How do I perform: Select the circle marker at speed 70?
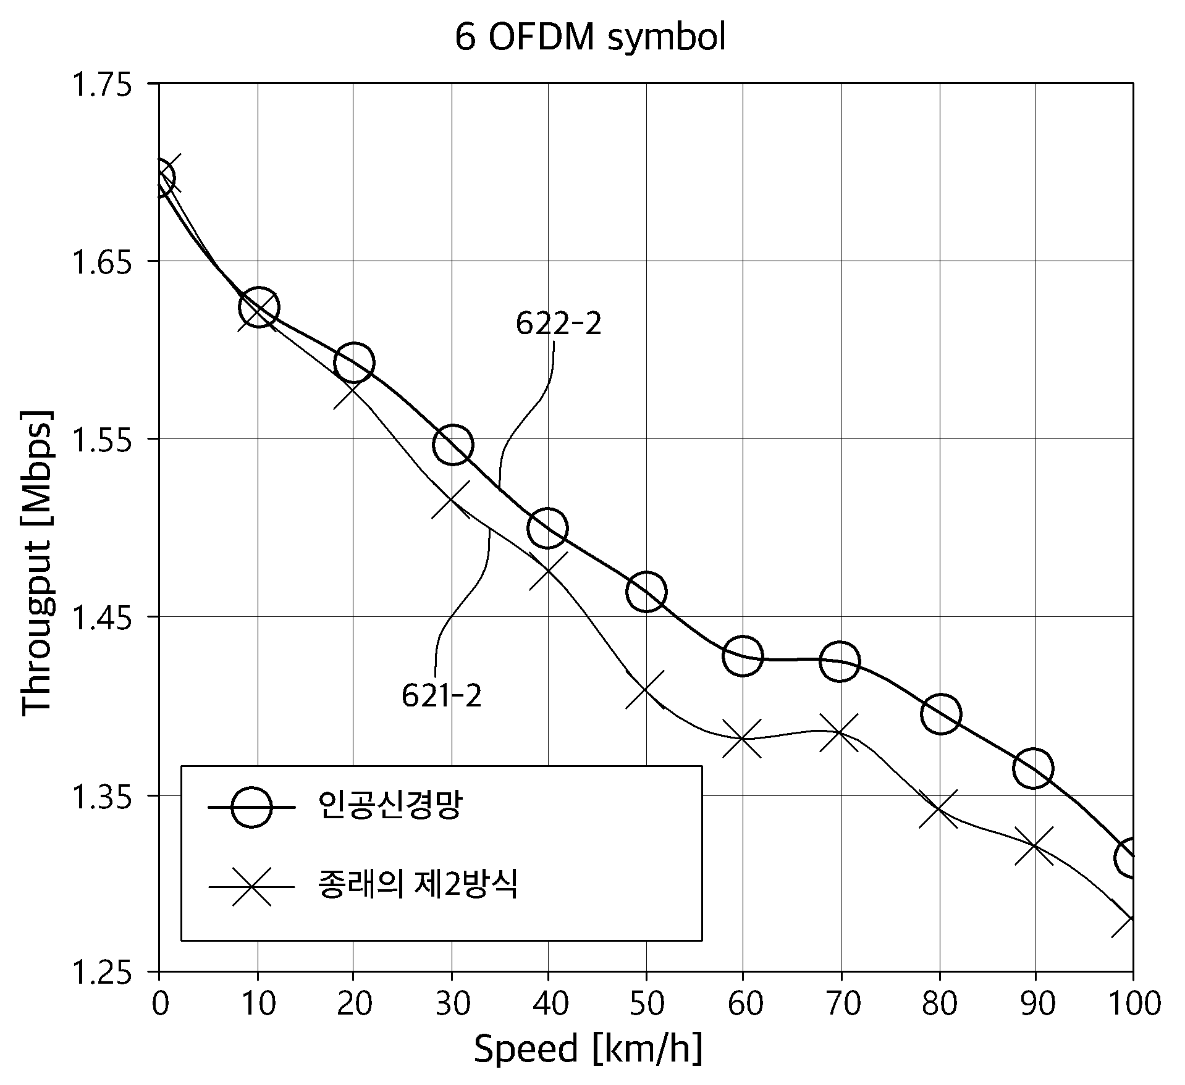pyautogui.click(x=839, y=661)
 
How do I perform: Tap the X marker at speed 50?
pyautogui.click(x=645, y=689)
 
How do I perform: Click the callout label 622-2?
pyautogui.click(x=559, y=324)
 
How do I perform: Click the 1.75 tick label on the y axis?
pyautogui.click(x=103, y=85)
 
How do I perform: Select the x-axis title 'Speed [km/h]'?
pyautogui.click(x=588, y=1049)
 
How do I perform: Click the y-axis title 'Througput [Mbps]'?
pyautogui.click(x=36, y=562)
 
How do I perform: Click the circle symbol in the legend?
pyautogui.click(x=251, y=806)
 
